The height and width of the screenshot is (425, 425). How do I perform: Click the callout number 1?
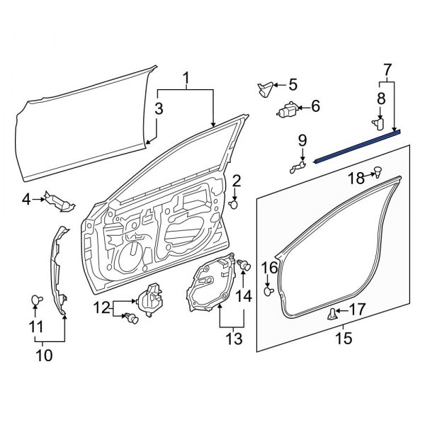pos(186,78)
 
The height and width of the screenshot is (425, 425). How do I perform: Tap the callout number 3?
pos(159,108)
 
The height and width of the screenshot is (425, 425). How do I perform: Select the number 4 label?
pos(26,200)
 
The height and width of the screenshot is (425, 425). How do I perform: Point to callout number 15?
pos(343,339)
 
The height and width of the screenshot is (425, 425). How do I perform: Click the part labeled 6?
pos(288,110)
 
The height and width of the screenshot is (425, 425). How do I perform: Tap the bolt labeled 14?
pos(244,266)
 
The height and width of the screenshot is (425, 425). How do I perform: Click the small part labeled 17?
pos(331,314)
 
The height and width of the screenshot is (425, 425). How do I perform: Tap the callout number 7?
pos(387,69)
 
